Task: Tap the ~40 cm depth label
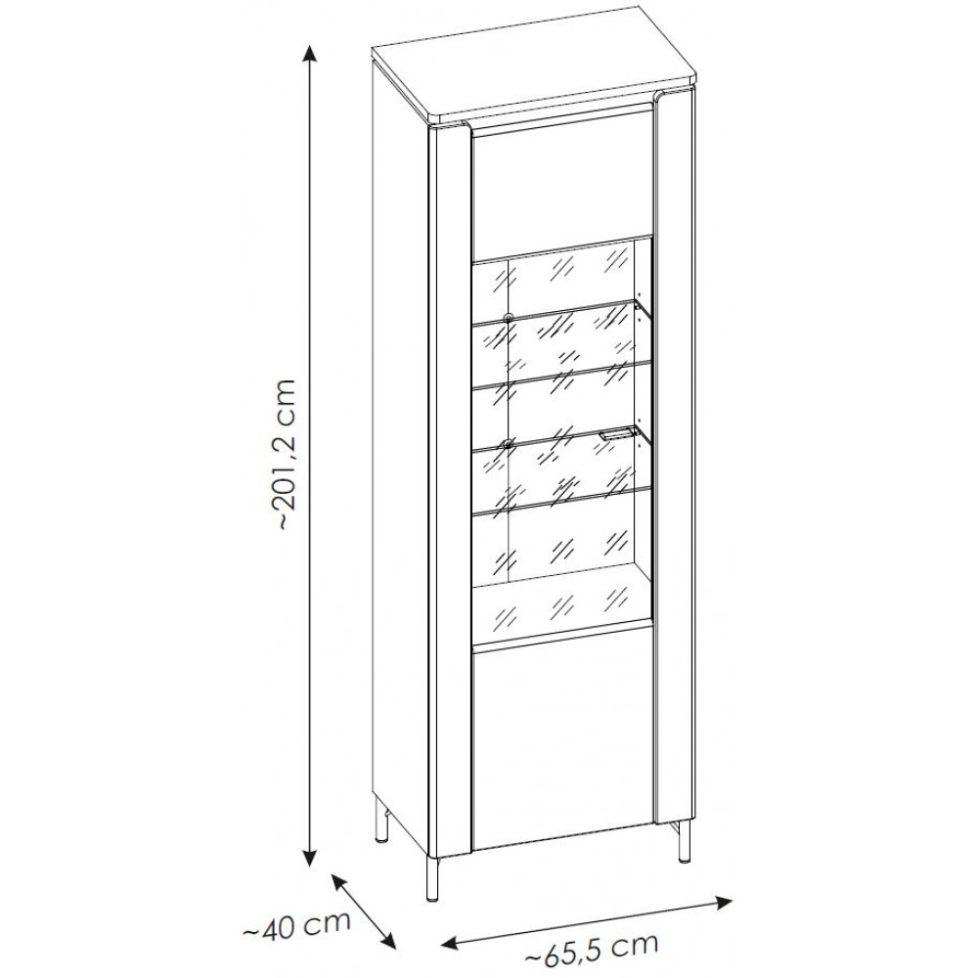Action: click(x=295, y=925)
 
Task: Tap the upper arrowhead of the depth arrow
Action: click(x=338, y=881)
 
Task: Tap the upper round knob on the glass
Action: click(x=508, y=318)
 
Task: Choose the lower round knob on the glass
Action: click(x=508, y=444)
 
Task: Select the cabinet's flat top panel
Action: click(x=535, y=63)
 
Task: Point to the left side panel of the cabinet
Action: click(x=399, y=436)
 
